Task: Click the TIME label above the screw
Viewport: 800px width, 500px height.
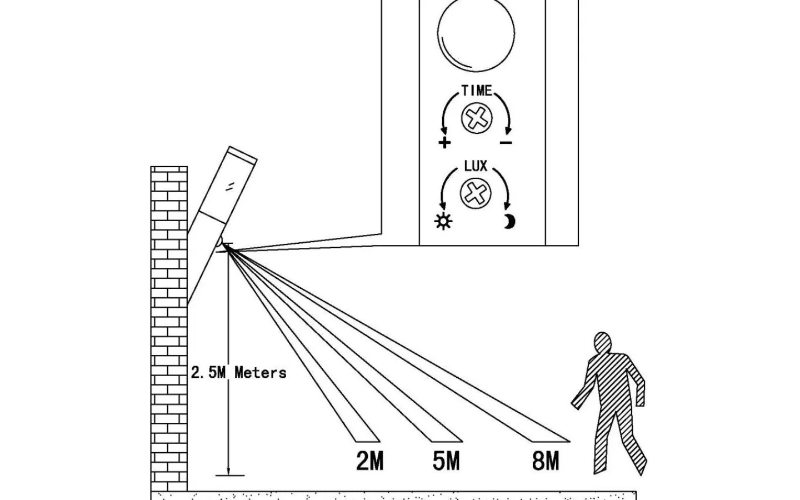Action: (x=477, y=90)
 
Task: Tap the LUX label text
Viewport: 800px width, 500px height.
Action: (x=476, y=166)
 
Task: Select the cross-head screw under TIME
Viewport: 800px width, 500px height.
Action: (x=477, y=117)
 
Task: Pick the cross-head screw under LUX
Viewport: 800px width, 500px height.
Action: (x=476, y=193)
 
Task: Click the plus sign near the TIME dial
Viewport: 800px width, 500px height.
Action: (x=444, y=143)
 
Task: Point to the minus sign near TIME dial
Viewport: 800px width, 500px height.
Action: (x=506, y=143)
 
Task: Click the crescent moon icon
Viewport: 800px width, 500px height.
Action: (x=509, y=222)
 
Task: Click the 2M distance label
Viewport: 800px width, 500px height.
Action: (x=370, y=461)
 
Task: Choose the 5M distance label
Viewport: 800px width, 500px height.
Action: (x=446, y=461)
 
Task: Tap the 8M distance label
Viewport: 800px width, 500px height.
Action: (x=545, y=461)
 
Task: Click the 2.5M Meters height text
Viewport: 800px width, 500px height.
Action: (x=238, y=373)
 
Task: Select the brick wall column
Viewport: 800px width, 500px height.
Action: (x=169, y=328)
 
